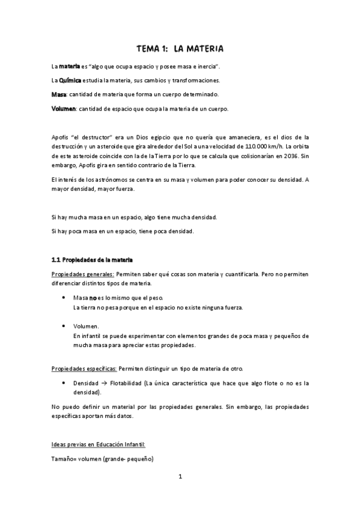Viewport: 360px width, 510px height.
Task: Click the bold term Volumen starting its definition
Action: click(63, 109)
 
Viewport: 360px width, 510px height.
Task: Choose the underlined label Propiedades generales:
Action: click(84, 274)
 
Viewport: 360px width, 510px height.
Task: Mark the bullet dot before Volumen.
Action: click(64, 326)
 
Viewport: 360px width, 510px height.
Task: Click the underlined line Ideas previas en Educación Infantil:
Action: click(99, 444)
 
